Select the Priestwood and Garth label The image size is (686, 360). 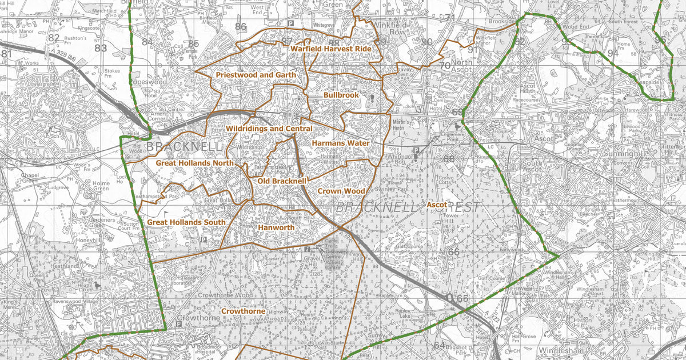tap(256, 75)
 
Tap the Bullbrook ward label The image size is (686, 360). tap(341, 94)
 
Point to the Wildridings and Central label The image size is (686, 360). tap(269, 129)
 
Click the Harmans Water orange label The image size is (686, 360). tap(341, 143)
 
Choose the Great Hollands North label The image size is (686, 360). tap(195, 163)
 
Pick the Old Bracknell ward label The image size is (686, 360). tap(282, 181)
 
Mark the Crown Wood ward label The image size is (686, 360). tap(341, 191)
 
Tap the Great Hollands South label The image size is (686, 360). tap(186, 222)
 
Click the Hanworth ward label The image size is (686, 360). tap(276, 227)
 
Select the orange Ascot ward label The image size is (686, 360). tap(437, 204)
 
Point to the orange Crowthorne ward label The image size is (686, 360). tap(243, 311)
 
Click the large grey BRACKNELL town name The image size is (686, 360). tap(184, 147)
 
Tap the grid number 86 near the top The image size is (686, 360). tap(241, 26)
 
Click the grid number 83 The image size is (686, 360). tap(101, 48)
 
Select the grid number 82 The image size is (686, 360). tap(54, 38)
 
